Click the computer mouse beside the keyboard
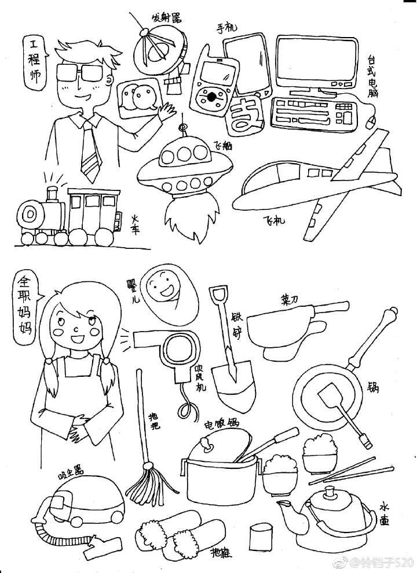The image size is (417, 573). coord(372,122)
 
